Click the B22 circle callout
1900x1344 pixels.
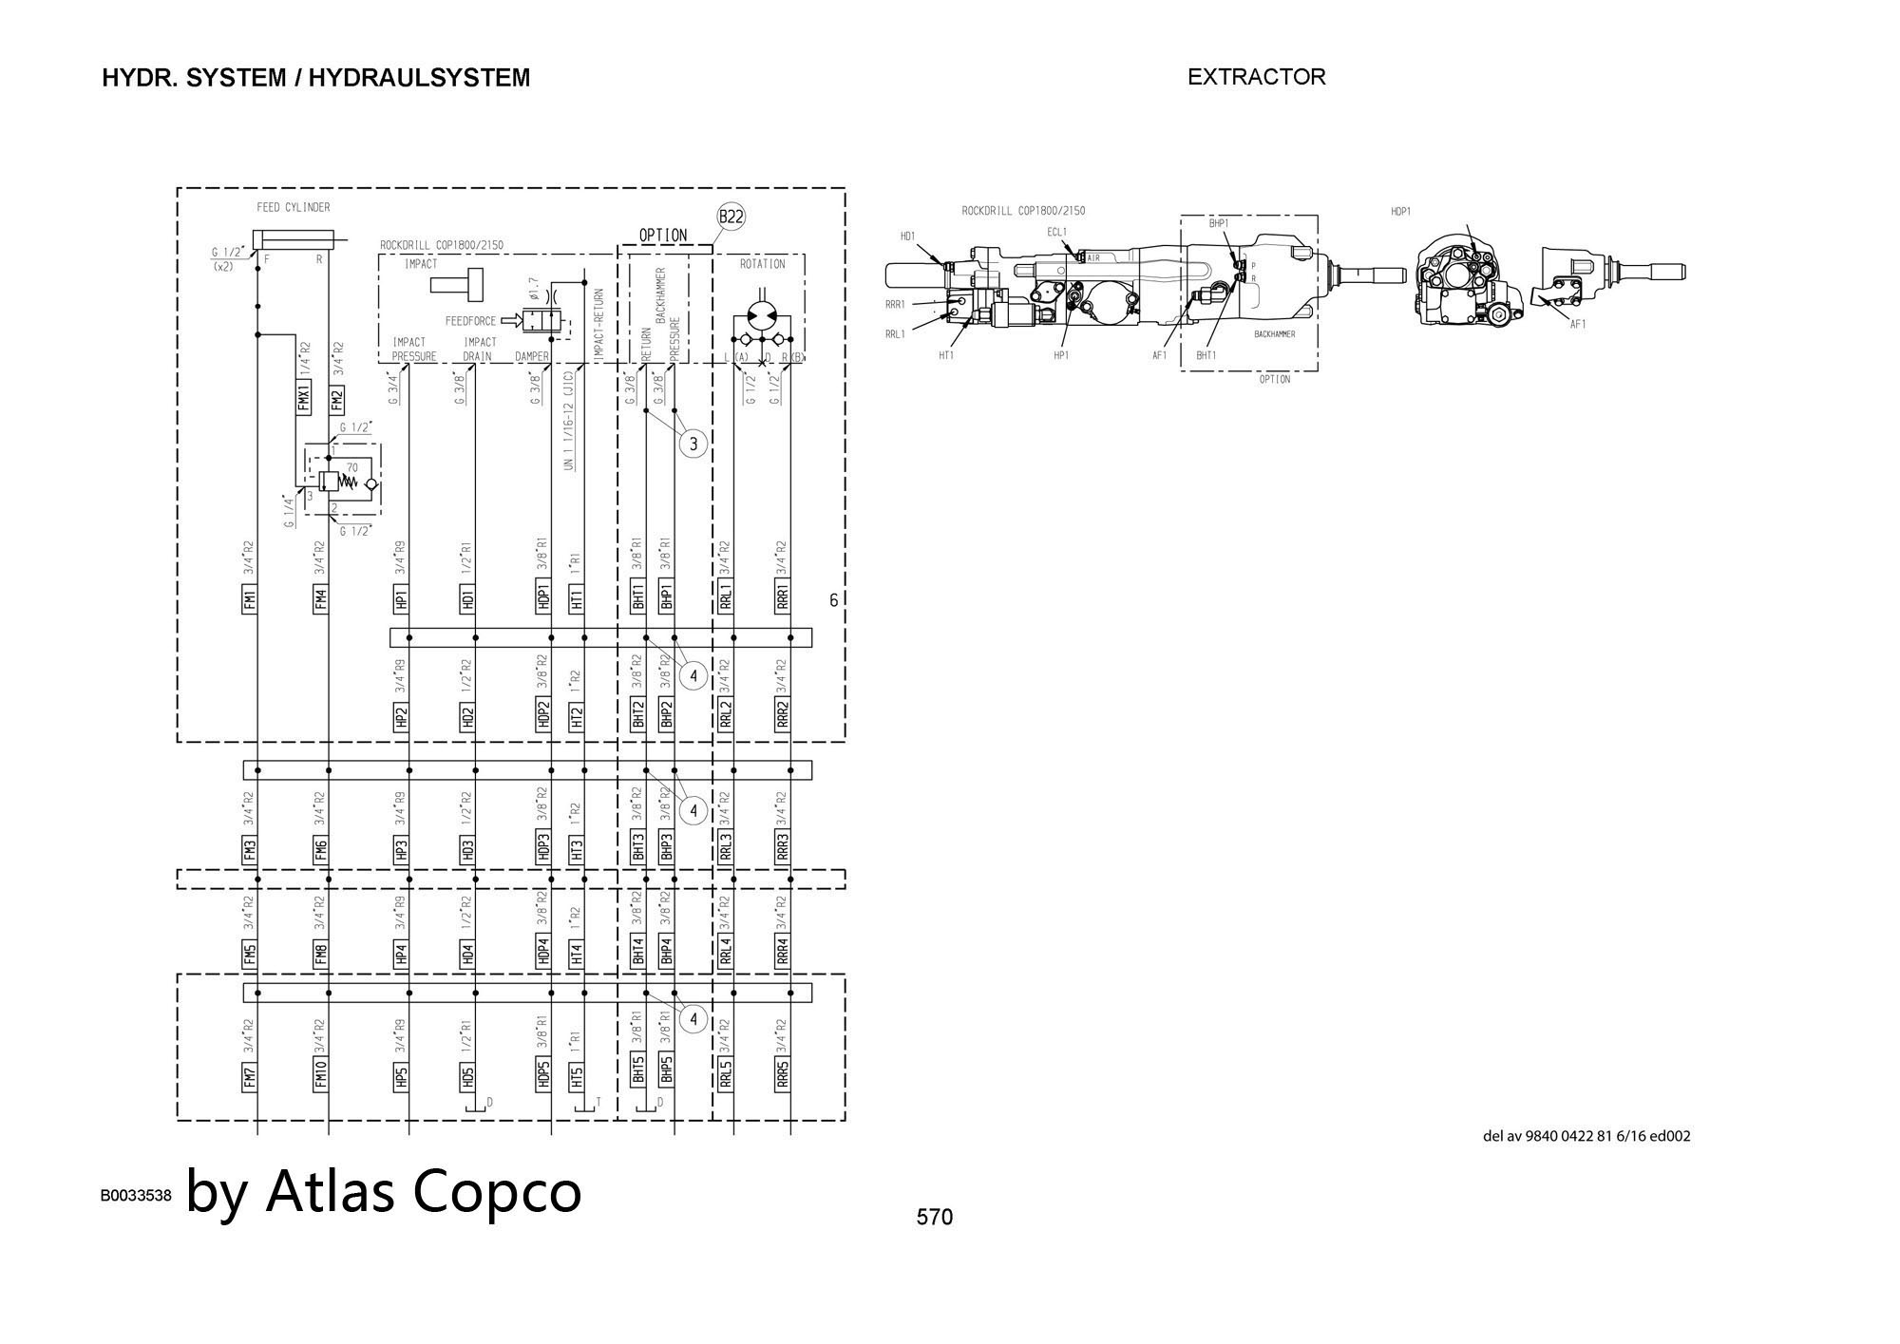[731, 217]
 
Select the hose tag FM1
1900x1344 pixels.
[250, 599]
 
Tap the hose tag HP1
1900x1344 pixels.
[401, 599]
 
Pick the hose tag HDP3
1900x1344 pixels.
[543, 847]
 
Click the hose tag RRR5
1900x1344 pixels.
[783, 1075]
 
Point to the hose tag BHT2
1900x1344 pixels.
[638, 714]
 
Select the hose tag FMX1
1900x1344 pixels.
[304, 397]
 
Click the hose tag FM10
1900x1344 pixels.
[321, 1073]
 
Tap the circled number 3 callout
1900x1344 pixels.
[693, 444]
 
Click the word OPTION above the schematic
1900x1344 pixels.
[663, 236]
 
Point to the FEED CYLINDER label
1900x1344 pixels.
[294, 207]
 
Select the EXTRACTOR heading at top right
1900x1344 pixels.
[1256, 77]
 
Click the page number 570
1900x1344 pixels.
[934, 1217]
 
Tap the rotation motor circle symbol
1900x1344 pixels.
[762, 314]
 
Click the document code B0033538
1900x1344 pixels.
[136, 1195]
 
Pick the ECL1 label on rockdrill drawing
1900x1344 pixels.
[1057, 232]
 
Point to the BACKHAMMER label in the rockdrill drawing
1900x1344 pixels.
[1274, 334]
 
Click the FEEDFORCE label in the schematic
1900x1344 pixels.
[470, 321]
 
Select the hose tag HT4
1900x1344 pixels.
[577, 952]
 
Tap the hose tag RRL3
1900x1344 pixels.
[726, 847]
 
